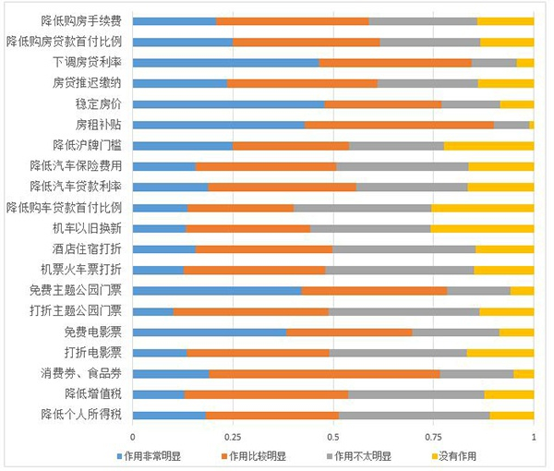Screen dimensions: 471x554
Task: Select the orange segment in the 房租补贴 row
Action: click(x=399, y=124)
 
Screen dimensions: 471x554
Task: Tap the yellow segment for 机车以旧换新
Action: click(x=482, y=227)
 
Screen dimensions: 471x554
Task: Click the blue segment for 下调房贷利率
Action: click(x=225, y=62)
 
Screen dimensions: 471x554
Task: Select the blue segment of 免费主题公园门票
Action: click(x=217, y=290)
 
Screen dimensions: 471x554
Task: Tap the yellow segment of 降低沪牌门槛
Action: click(x=488, y=145)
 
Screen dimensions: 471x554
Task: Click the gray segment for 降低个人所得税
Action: click(x=415, y=415)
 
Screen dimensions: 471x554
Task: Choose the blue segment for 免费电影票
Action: click(x=210, y=332)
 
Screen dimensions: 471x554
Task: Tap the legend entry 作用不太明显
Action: click(x=362, y=455)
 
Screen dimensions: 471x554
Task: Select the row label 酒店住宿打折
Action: click(x=92, y=248)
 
